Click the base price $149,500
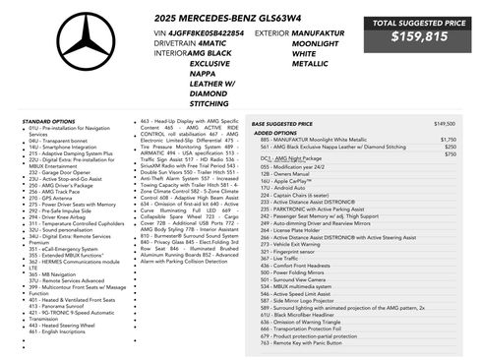click(x=445, y=124)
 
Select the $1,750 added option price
click(x=450, y=140)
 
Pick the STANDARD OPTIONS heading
click(x=49, y=121)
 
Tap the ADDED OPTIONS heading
click(x=275, y=132)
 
